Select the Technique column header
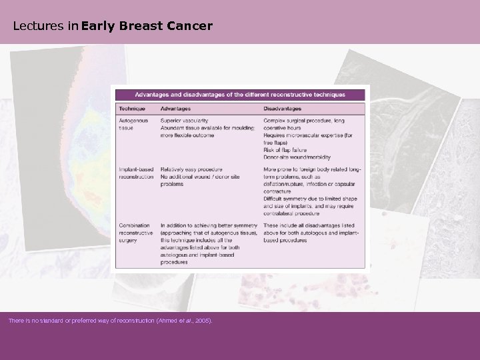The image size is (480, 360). [x=131, y=109]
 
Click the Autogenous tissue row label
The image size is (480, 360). [x=132, y=125]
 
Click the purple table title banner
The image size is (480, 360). [x=241, y=95]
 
